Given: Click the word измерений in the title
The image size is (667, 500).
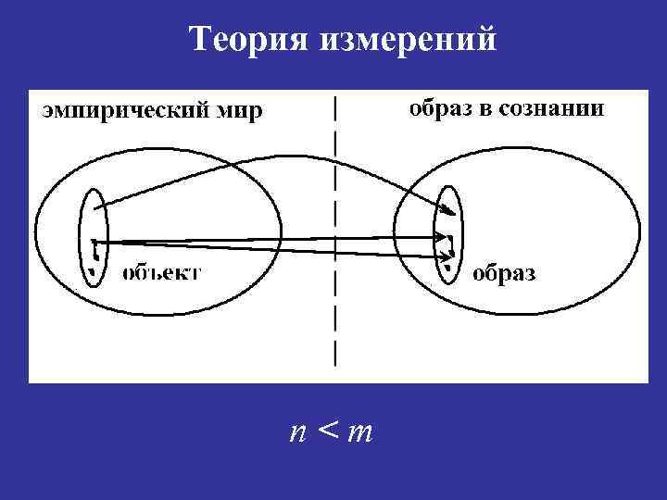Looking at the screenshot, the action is (x=410, y=40).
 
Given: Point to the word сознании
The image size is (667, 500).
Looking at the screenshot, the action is (x=553, y=109).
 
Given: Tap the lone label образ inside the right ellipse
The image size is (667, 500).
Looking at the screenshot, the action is (x=505, y=274).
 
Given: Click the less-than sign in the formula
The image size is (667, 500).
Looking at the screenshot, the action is (x=327, y=431).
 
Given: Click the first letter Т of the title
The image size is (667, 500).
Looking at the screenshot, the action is (x=199, y=40).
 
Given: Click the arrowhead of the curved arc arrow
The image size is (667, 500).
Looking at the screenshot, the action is (x=452, y=210).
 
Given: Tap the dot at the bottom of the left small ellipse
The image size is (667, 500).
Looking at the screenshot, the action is (x=93, y=271).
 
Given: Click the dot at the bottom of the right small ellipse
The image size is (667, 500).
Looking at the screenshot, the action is (x=447, y=269).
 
